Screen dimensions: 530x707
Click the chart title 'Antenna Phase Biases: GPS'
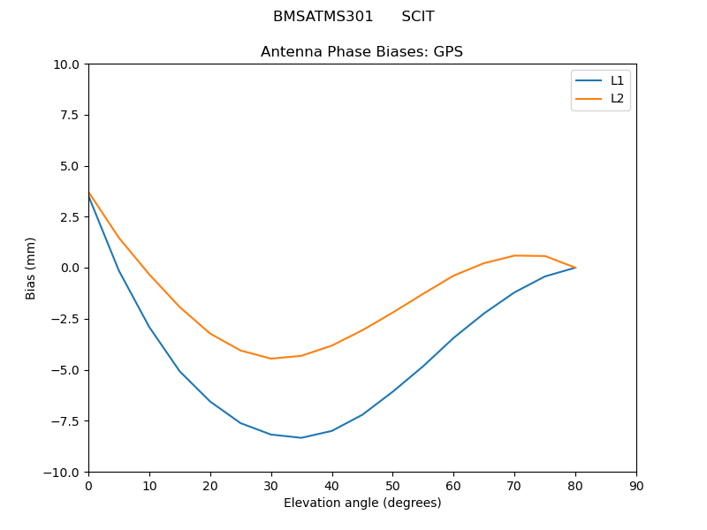tap(361, 52)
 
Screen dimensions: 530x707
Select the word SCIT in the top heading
tap(418, 17)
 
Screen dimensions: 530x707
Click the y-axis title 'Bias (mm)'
tap(31, 268)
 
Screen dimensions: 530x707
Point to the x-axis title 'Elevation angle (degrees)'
tap(362, 503)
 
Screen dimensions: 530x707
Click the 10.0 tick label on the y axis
tap(67, 64)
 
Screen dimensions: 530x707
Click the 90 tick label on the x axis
tap(636, 486)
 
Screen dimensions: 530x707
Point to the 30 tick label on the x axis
tap(271, 486)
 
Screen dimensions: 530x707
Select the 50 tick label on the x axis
tap(392, 486)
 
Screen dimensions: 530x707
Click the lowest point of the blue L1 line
tap(301, 437)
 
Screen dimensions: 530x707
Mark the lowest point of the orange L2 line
tap(271, 359)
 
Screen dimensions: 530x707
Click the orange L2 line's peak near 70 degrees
tap(515, 255)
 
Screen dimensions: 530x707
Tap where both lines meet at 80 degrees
tap(575, 268)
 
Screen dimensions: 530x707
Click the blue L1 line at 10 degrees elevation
tap(149, 327)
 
